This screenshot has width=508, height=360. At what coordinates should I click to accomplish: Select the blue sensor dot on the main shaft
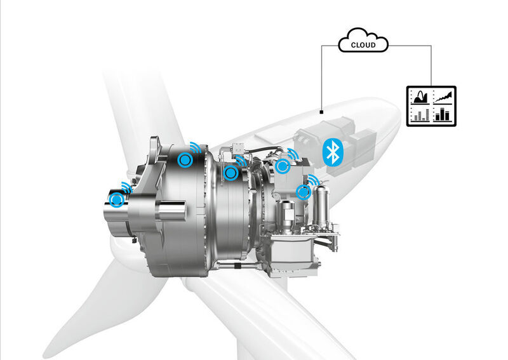116,200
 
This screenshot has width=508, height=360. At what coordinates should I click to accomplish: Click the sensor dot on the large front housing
184,160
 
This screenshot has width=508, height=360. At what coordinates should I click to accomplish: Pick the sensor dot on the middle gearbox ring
231,172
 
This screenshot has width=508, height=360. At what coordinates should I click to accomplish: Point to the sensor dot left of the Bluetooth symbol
283,166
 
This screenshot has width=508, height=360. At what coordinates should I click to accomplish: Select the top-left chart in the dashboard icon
420,97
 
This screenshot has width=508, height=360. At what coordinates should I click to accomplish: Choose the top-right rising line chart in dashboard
444,97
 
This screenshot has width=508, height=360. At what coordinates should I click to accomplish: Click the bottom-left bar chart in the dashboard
420,115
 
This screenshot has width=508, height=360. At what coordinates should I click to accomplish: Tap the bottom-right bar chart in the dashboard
444,115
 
